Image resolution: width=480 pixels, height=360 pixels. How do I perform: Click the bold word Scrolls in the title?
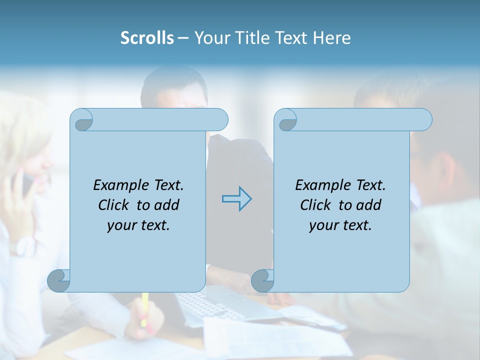click(x=147, y=38)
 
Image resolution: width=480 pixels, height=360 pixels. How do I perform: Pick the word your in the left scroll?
click(x=121, y=225)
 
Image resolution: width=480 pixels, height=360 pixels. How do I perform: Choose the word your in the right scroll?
click(x=323, y=225)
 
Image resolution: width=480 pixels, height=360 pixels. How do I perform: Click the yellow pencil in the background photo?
click(x=145, y=307)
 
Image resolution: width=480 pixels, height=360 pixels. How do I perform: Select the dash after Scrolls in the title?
click(x=183, y=38)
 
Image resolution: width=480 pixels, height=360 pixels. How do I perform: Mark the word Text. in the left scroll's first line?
click(x=167, y=185)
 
